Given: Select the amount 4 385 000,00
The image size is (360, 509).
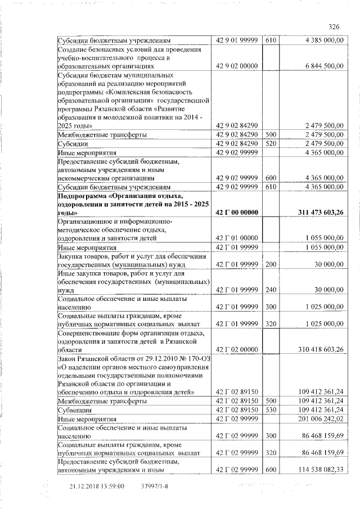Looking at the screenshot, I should point(322,40).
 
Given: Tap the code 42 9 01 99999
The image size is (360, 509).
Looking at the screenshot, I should point(237,40).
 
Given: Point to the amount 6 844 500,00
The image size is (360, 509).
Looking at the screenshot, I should point(322,66).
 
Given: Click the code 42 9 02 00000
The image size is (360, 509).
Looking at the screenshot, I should point(237,66).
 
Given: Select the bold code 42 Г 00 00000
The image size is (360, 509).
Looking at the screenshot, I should point(237,212).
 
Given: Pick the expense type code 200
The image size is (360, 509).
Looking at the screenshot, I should point(271,264).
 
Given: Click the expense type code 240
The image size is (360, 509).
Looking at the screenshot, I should point(271,290).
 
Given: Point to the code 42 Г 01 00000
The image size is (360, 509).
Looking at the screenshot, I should point(237,238).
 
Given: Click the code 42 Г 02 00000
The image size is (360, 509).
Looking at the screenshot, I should point(237,350).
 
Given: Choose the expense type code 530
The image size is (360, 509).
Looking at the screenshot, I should point(271,410).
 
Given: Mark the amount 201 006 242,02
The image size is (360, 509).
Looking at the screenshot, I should point(318,418).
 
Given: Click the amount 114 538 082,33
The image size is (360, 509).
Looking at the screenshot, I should point(318,470).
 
